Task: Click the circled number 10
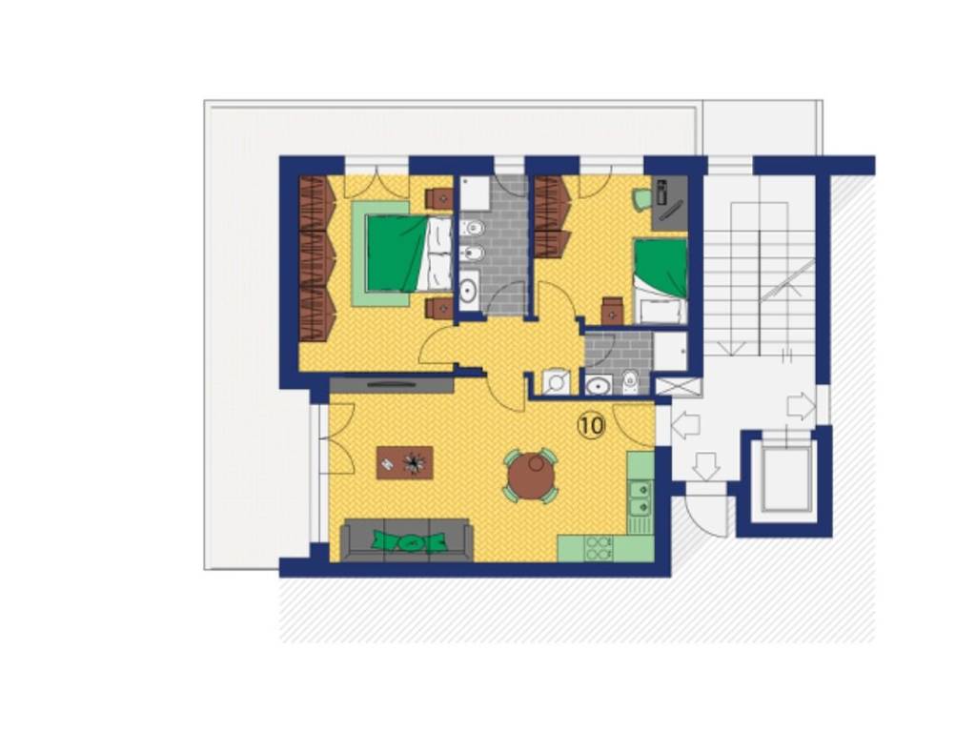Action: tap(591, 426)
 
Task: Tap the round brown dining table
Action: tap(531, 477)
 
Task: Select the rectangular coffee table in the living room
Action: tap(404, 462)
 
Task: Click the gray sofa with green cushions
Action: tap(407, 540)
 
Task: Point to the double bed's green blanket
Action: tap(396, 253)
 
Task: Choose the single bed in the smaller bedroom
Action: tap(661, 281)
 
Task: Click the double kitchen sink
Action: tap(640, 498)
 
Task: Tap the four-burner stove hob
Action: tap(599, 548)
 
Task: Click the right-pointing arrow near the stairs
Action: tap(801, 407)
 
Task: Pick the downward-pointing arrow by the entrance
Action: tap(706, 467)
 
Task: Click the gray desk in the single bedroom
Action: tap(669, 203)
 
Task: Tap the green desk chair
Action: tap(641, 197)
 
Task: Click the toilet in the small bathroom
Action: tap(631, 382)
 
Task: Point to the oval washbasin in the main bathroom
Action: tap(468, 290)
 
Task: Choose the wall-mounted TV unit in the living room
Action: tap(392, 385)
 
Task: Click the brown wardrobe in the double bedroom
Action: tap(316, 258)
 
